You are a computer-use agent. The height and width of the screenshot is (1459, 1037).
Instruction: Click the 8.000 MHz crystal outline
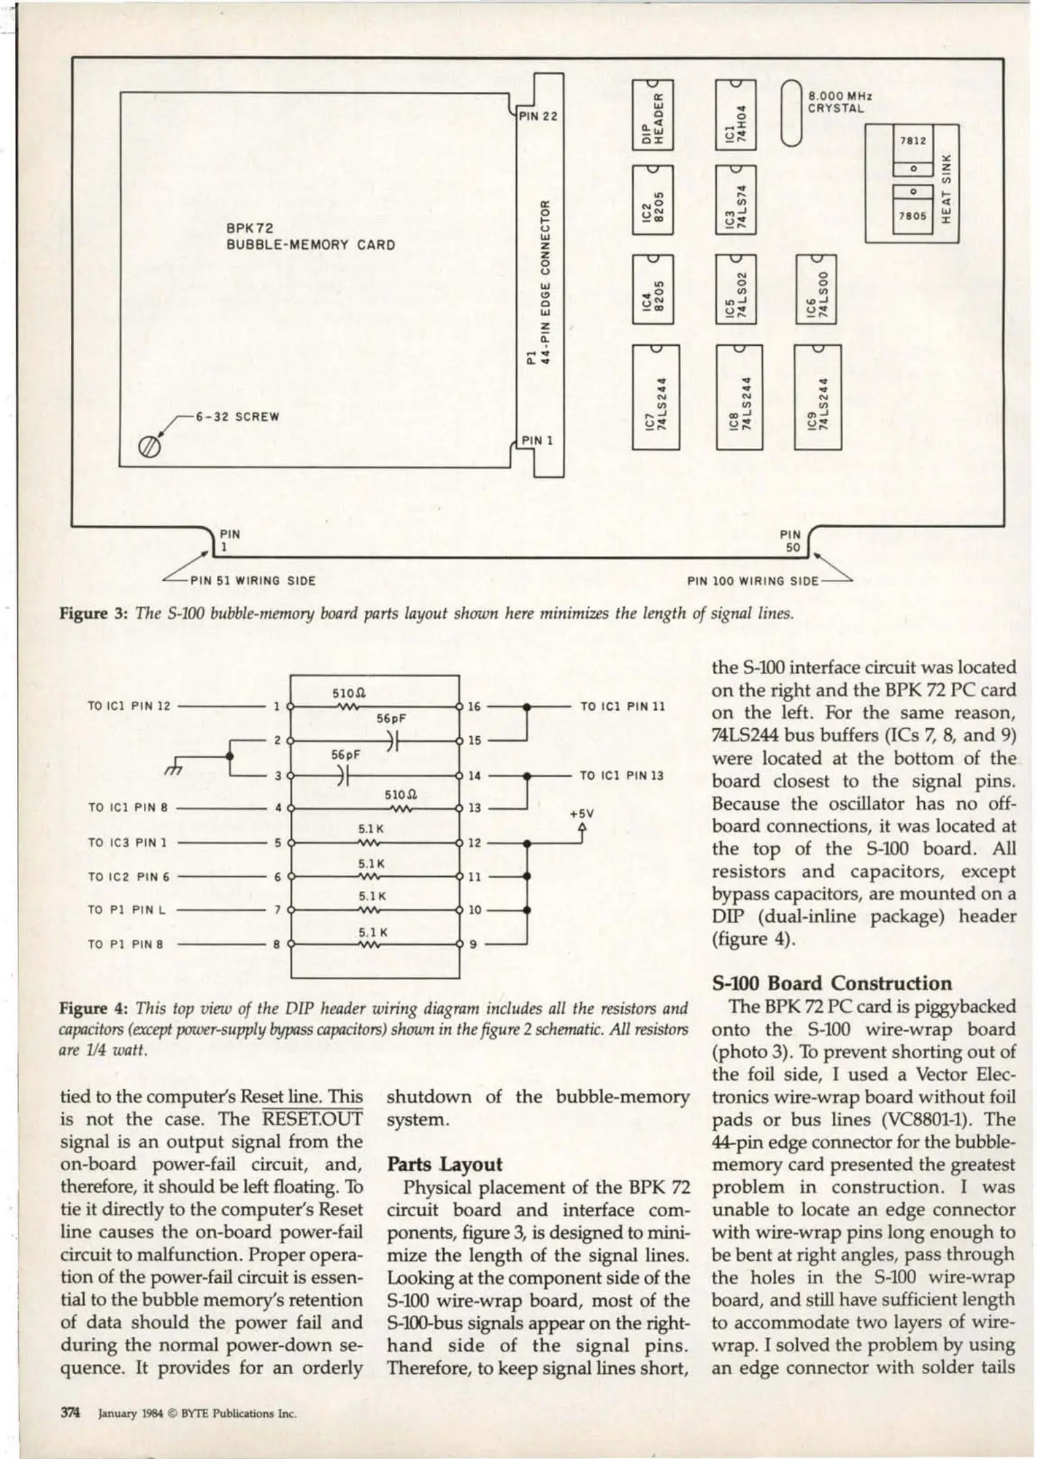pyautogui.click(x=790, y=113)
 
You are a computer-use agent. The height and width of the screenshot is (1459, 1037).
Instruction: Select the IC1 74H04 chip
pyautogui.click(x=736, y=114)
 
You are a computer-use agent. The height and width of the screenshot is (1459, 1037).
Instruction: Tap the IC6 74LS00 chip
pyautogui.click(x=816, y=288)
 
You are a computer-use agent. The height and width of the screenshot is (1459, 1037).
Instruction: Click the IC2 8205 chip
pyautogui.click(x=653, y=200)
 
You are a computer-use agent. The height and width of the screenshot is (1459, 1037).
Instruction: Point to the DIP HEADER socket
pyautogui.click(x=653, y=114)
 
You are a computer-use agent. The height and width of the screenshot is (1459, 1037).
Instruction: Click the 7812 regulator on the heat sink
pyautogui.click(x=912, y=141)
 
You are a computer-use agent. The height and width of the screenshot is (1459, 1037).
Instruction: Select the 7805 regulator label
pyautogui.click(x=912, y=217)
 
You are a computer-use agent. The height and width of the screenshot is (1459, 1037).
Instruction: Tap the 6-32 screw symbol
pyautogui.click(x=150, y=446)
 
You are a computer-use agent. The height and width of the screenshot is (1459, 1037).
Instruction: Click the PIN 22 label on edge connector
pyautogui.click(x=538, y=116)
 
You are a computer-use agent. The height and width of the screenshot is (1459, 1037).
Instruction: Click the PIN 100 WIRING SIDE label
pyautogui.click(x=752, y=581)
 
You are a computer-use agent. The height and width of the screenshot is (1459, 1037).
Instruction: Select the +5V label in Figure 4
pyautogui.click(x=581, y=815)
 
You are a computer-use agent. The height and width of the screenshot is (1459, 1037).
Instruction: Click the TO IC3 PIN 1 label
pyautogui.click(x=128, y=843)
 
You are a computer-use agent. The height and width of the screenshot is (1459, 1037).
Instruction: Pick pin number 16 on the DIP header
pyautogui.click(x=474, y=707)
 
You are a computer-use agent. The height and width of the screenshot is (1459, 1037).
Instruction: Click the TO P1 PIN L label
pyautogui.click(x=126, y=910)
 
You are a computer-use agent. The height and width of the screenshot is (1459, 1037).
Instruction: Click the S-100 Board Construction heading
pyautogui.click(x=832, y=983)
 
